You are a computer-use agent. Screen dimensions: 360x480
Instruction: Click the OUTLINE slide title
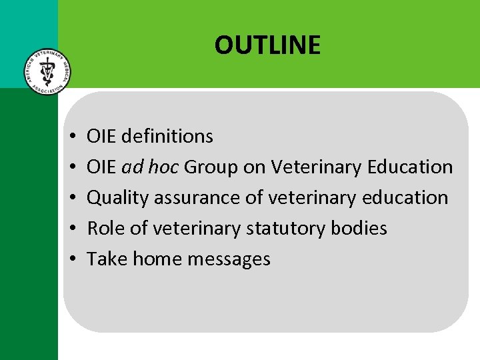point(267,45)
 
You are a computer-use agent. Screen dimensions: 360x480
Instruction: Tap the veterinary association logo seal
point(45,71)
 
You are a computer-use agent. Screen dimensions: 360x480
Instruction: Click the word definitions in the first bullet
point(168,136)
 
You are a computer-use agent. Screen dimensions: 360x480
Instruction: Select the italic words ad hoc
point(151,167)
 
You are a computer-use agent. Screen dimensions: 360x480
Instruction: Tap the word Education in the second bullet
point(410,167)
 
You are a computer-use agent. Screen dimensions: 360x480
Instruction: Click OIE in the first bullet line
point(101,136)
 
